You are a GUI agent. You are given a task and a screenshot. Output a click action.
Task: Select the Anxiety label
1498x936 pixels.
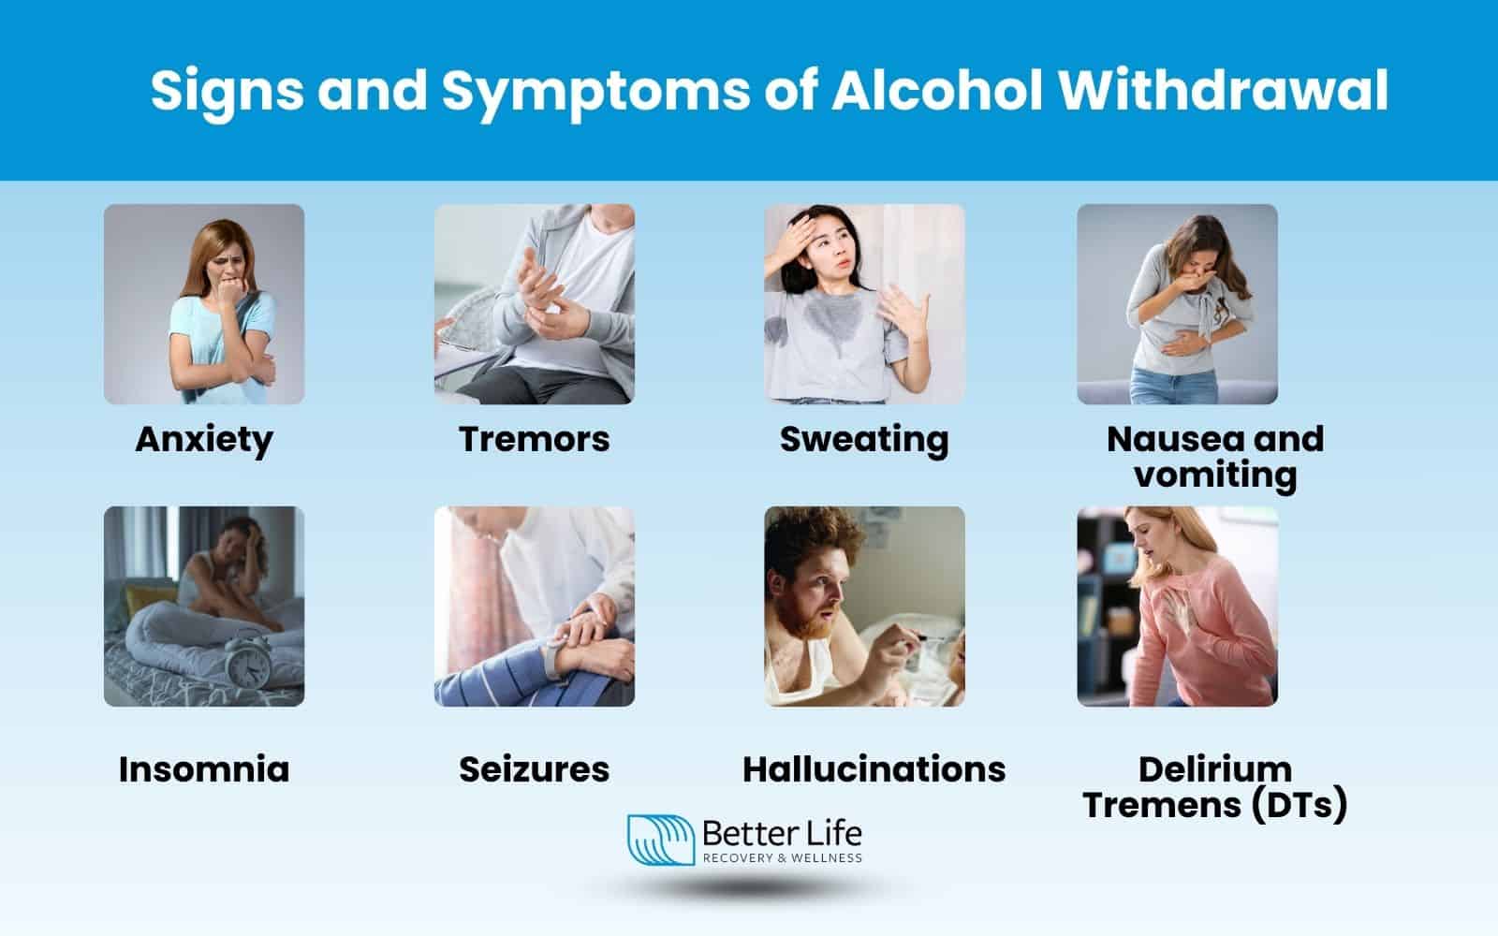coord(204,439)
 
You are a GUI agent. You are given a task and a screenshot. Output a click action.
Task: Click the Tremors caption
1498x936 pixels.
coord(534,439)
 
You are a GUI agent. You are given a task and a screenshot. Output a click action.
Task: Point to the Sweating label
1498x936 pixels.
coord(863,439)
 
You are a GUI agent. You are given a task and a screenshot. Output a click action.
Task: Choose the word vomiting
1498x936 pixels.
coord(1214,475)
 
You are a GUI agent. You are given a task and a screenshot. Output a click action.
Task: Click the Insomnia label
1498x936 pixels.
coord(204,769)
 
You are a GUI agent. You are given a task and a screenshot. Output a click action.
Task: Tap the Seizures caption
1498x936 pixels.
coord(534,769)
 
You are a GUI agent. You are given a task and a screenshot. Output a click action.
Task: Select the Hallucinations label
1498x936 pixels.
coord(874,769)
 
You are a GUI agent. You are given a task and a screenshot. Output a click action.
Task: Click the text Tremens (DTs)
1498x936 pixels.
coord(1214,804)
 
